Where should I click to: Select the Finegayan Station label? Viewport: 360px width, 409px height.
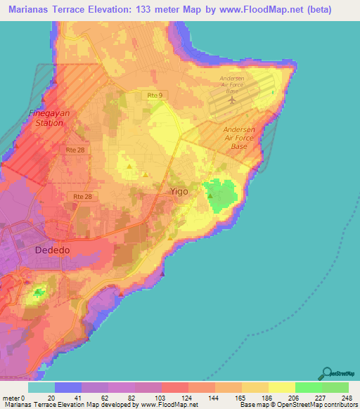pos(45,117)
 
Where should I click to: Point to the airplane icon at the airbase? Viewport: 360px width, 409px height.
pos(232,100)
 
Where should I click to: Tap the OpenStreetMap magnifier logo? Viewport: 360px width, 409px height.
pos(326,373)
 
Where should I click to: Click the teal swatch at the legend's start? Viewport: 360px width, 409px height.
pos(41,387)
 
